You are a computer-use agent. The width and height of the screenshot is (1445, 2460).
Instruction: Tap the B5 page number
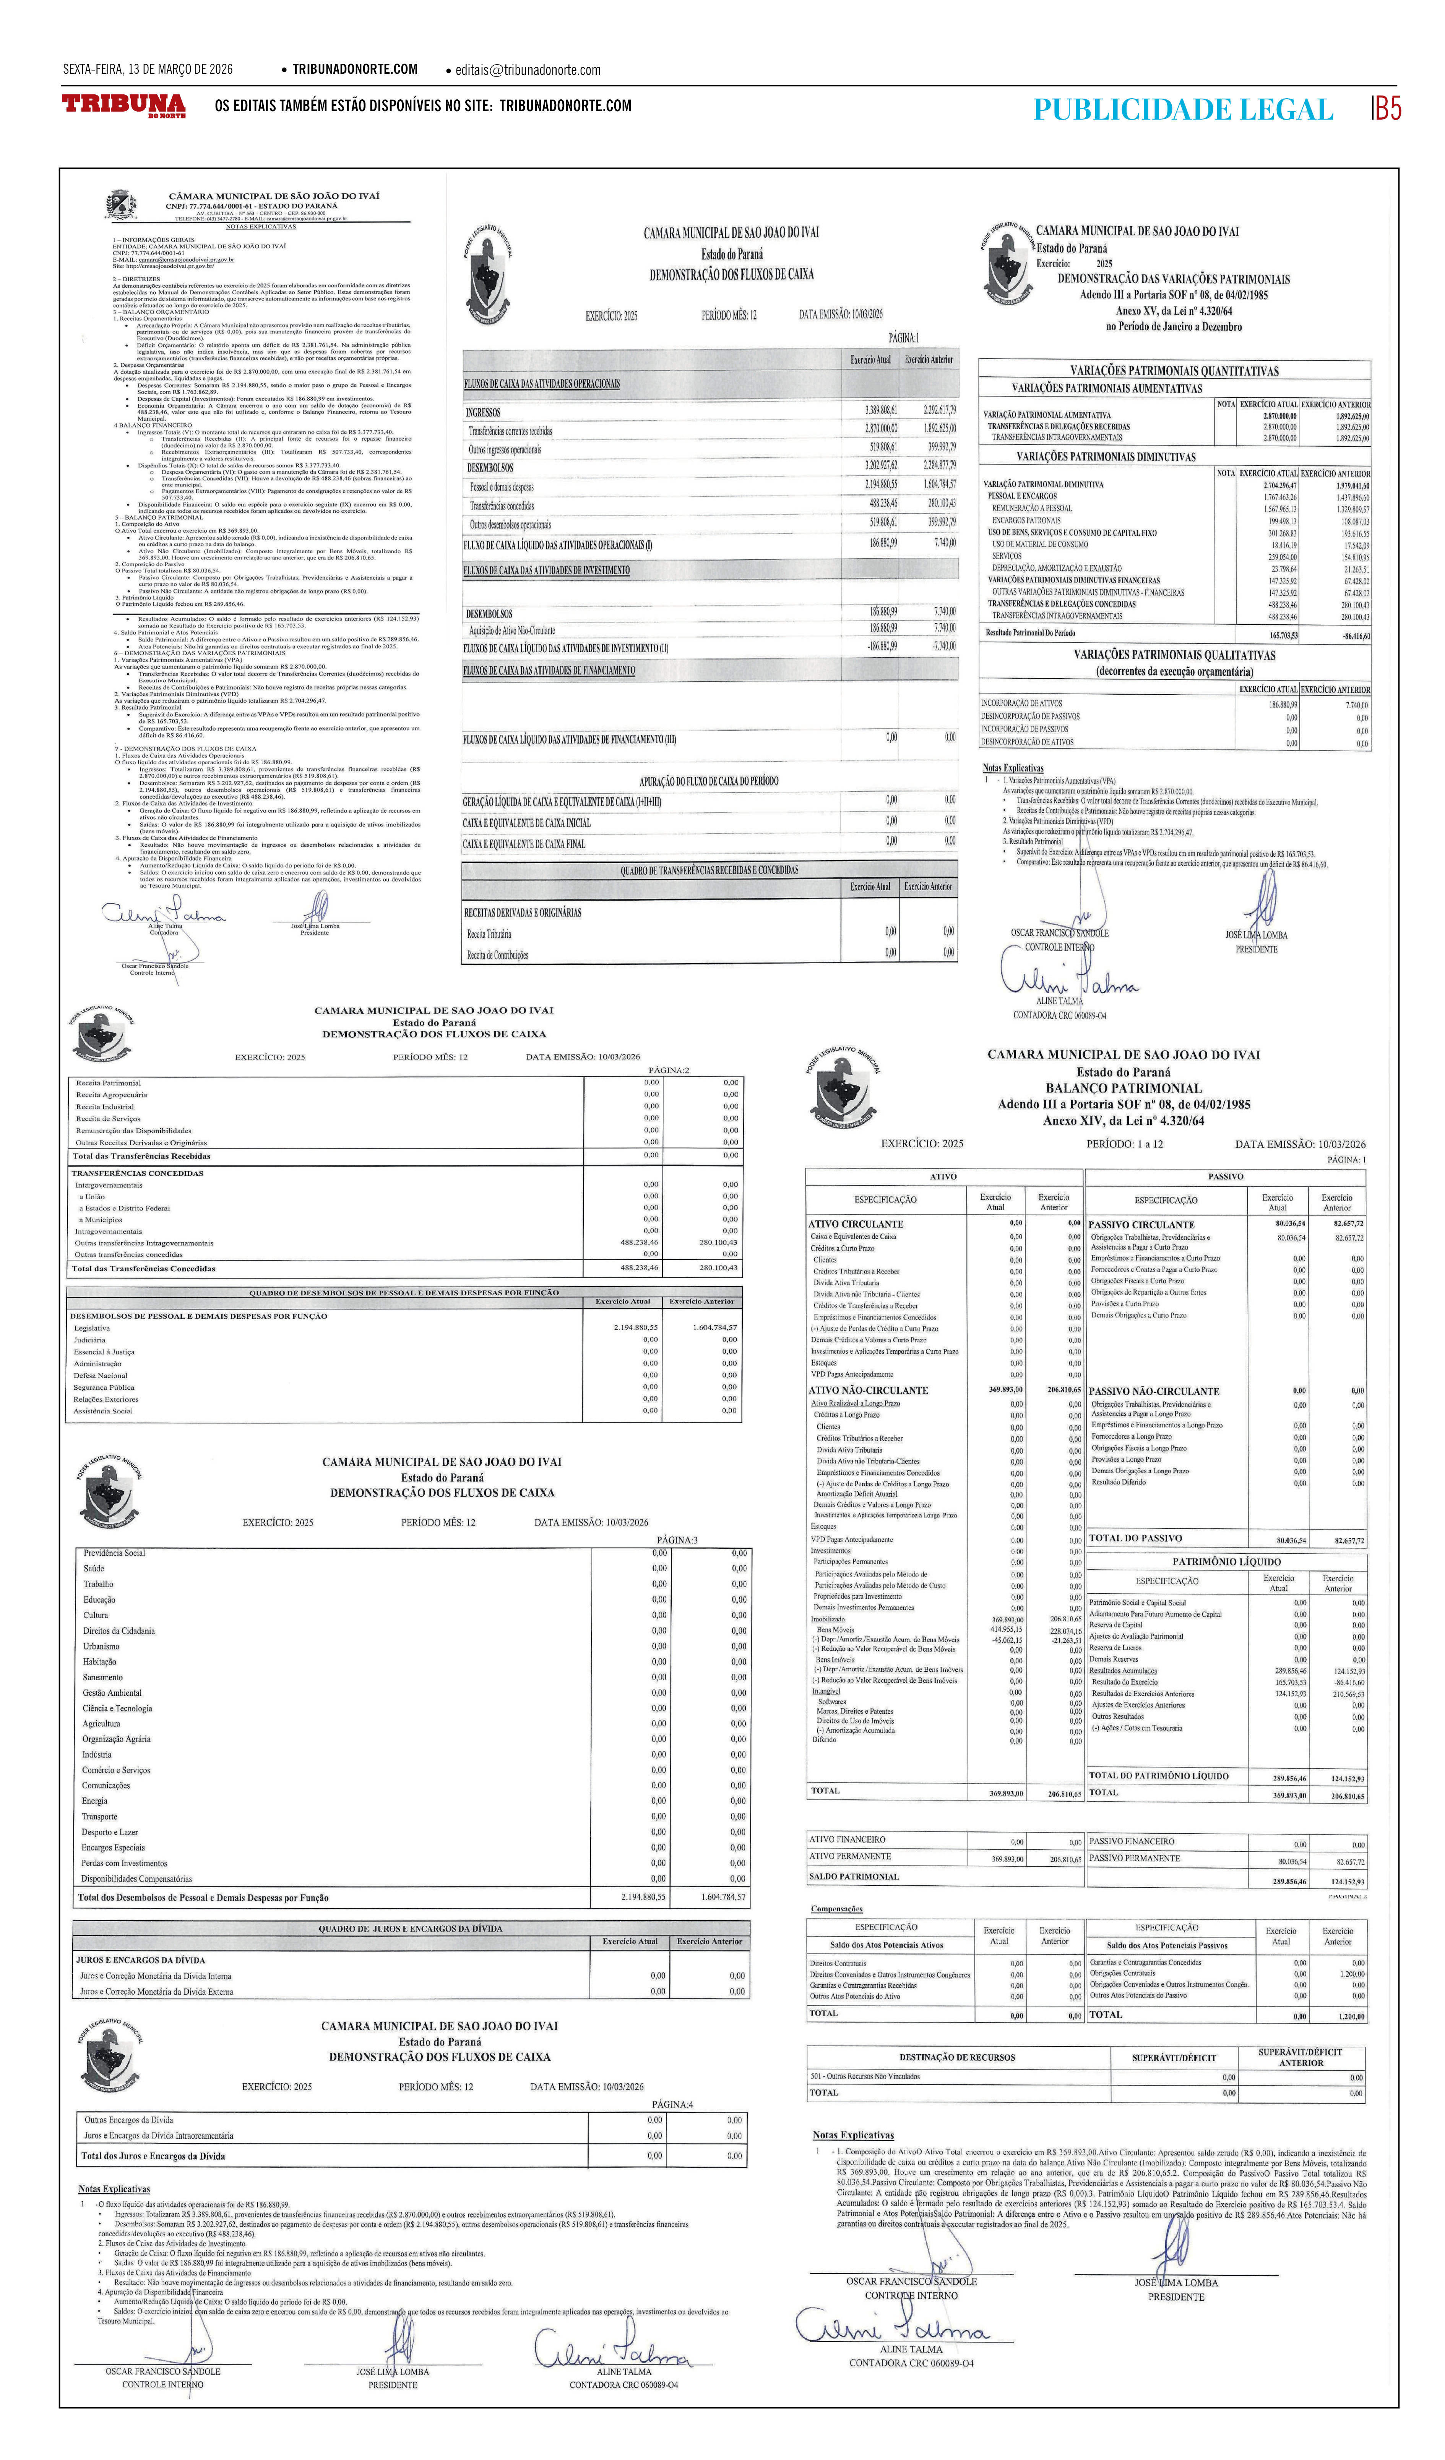[x=1387, y=109]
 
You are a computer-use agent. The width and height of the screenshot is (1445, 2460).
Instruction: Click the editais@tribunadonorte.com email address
[x=527, y=70]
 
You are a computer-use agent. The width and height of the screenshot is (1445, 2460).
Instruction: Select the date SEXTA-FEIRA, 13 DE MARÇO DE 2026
[x=148, y=69]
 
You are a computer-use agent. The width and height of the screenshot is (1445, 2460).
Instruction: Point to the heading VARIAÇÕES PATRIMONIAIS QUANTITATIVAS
[x=1174, y=371]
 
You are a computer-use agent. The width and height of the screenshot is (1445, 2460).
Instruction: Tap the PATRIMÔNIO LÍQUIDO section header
[x=1226, y=1561]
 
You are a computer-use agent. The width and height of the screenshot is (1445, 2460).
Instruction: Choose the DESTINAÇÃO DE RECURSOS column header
[x=957, y=2057]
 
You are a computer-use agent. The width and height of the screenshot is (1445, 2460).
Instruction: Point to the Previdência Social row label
[x=114, y=1552]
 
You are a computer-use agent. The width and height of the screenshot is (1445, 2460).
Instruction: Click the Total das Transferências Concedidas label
[x=143, y=1268]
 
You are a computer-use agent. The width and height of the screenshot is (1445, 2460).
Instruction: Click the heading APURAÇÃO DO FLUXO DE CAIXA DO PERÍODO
[x=709, y=781]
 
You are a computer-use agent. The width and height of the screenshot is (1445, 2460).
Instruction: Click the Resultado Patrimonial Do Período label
[x=1030, y=632]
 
